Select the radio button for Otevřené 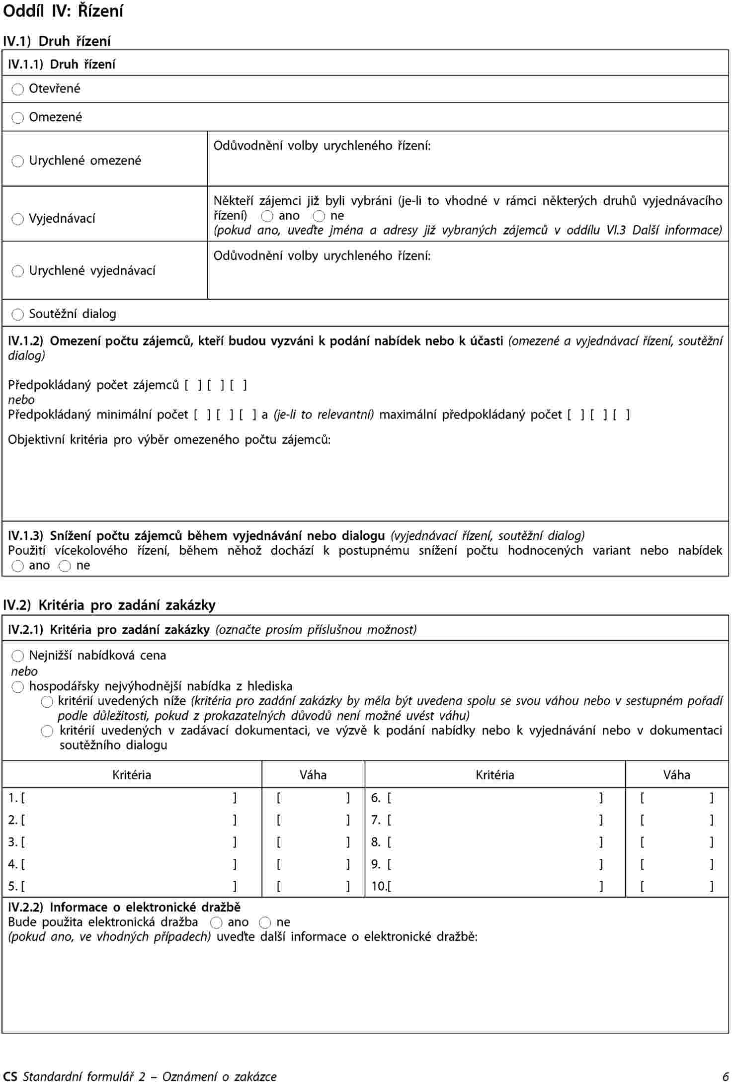click(18, 89)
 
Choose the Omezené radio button click(18, 118)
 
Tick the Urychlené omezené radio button click(18, 161)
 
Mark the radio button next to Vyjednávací click(18, 219)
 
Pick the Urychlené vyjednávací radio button click(18, 271)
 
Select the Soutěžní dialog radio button click(18, 315)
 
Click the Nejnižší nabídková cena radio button click(18, 656)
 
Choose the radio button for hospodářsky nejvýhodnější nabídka click(18, 687)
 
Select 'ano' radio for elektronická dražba click(216, 923)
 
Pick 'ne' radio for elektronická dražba click(265, 923)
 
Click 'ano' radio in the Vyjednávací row click(267, 216)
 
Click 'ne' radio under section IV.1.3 click(65, 566)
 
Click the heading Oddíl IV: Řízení click(63, 11)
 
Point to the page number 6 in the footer click(725, 1077)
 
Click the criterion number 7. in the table click(376, 820)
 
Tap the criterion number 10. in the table click(378, 886)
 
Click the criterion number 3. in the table click(12, 842)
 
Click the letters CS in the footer click(10, 1077)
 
